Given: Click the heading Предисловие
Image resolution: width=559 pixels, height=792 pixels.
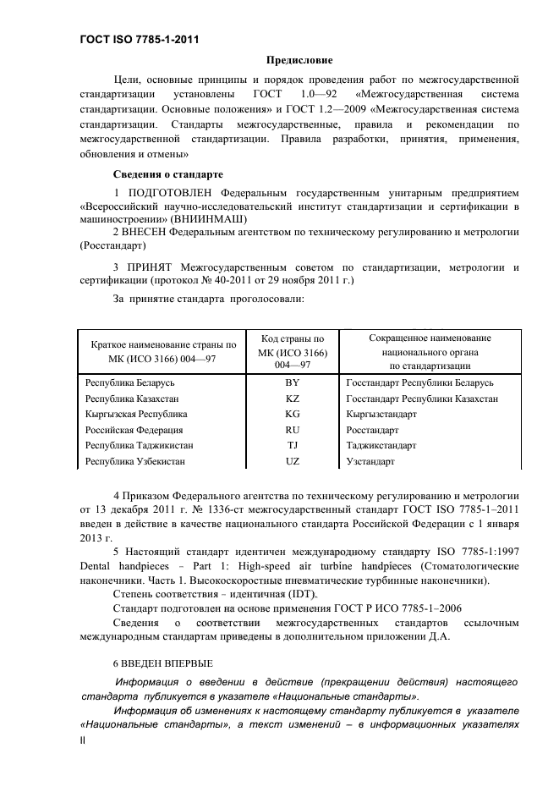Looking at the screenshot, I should tap(299, 60).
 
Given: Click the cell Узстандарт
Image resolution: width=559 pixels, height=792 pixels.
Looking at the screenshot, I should tap(370, 462).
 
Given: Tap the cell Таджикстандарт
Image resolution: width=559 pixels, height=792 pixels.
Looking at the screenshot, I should tap(381, 446).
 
